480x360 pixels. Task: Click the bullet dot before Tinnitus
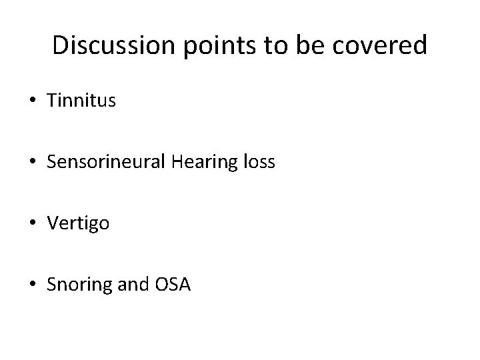pos(32,101)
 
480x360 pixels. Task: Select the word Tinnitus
pos(81,101)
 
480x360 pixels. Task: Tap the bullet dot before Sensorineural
pos(32,163)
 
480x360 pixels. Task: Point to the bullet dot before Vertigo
pos(32,224)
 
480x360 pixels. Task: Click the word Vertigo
pos(78,224)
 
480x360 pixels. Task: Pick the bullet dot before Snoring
pos(32,285)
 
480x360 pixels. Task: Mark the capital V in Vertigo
pos(53,223)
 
